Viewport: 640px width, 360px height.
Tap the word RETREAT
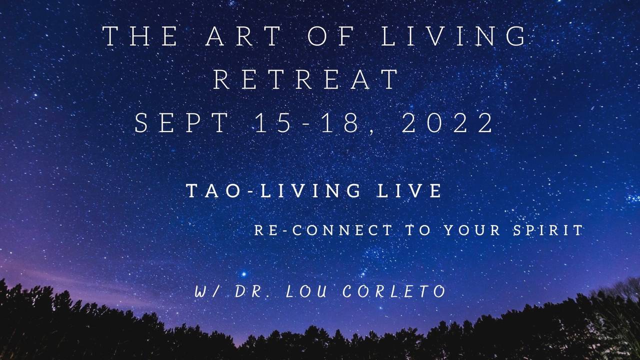click(306, 79)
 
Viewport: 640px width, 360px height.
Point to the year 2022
click(448, 123)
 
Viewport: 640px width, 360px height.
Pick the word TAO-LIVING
click(273, 191)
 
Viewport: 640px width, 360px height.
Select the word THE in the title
click(140, 36)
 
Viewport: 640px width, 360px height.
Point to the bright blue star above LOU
click(243, 274)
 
